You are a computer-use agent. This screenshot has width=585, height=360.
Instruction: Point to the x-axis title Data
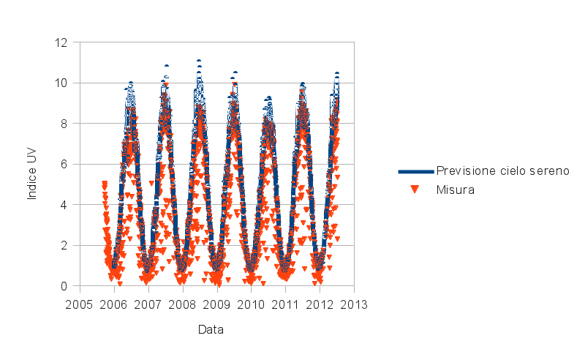pyautogui.click(x=211, y=330)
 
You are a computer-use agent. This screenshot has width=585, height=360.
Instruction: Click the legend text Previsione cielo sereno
pyautogui.click(x=502, y=170)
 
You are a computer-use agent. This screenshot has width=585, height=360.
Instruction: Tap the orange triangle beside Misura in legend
pyautogui.click(x=415, y=190)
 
